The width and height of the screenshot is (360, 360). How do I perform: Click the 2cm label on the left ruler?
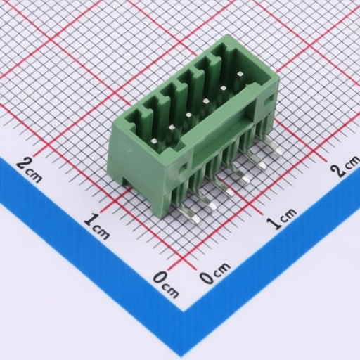tap(29, 169)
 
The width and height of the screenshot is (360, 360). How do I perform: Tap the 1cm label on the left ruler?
tap(96, 226)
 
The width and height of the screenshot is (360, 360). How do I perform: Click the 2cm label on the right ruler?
tap(345, 168)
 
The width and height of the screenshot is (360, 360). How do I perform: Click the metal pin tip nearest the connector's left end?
tap(153, 141)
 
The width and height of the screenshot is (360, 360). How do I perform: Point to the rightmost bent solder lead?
tap(274, 150)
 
